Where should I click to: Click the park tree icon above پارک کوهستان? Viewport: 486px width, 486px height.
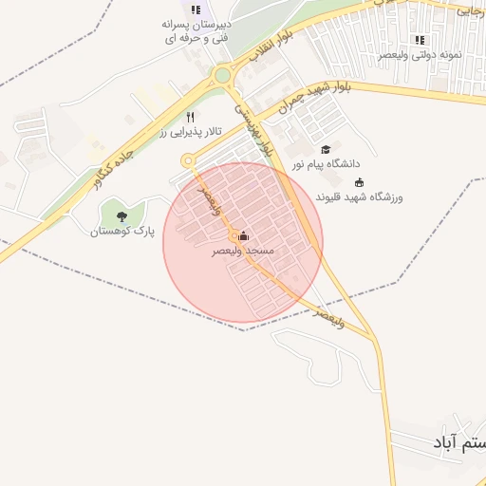[121, 217]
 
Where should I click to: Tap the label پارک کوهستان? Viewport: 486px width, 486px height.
[121, 232]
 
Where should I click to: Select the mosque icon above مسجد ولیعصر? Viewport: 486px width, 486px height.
[244, 236]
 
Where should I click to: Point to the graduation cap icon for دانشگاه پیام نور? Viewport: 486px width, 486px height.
[327, 150]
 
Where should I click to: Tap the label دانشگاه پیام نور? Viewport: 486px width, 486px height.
[326, 164]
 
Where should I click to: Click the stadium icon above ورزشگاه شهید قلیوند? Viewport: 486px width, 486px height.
[359, 183]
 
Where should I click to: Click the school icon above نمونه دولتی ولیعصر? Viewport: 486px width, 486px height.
[419, 40]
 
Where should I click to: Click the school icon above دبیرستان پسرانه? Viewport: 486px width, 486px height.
[195, 9]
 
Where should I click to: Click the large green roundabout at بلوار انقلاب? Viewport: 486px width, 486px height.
[222, 75]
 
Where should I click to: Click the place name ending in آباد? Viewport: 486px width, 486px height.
[457, 442]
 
